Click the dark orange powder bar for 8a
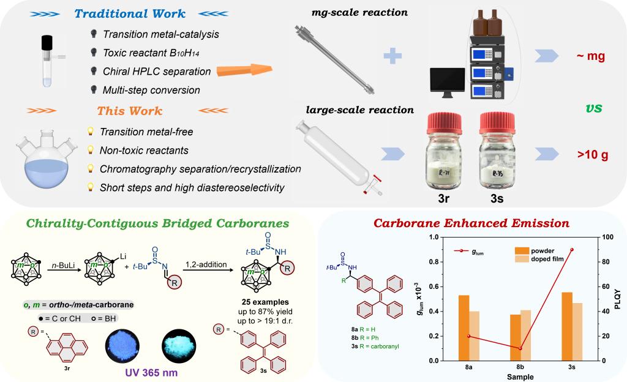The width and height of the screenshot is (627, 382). [464, 328]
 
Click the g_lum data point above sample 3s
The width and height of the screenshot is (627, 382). [571, 249]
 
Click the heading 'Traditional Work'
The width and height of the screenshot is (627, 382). [132, 13]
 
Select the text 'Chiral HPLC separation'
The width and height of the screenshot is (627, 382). [157, 72]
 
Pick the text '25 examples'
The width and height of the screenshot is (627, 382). [268, 302]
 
